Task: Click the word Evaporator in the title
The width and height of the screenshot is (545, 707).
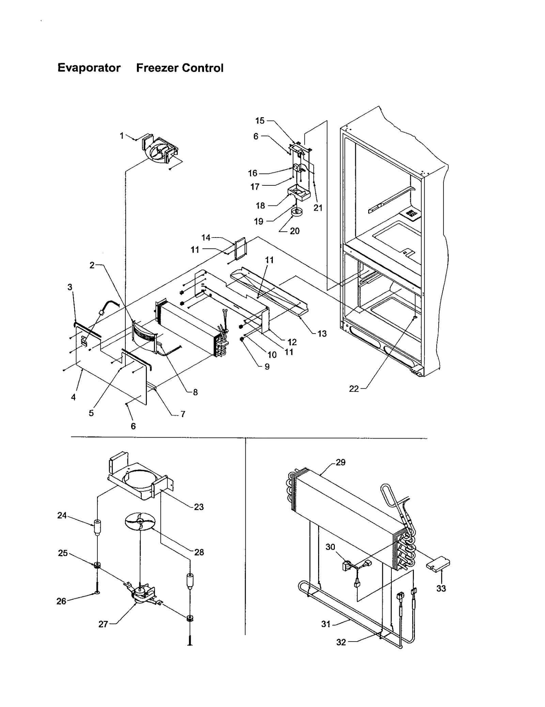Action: [x=89, y=68]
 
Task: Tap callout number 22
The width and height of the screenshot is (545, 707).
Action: [x=354, y=389]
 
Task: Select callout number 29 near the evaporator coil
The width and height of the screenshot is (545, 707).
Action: [x=340, y=462]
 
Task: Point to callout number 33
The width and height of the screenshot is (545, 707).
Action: [x=441, y=588]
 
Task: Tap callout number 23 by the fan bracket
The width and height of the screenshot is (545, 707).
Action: [x=199, y=507]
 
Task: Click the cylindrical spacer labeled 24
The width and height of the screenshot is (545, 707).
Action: [x=97, y=528]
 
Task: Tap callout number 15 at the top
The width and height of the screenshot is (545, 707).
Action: [x=260, y=121]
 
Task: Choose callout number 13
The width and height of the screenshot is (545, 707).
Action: [x=322, y=334]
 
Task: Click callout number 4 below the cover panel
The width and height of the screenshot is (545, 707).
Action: [x=73, y=397]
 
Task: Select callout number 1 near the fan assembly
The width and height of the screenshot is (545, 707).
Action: [x=122, y=136]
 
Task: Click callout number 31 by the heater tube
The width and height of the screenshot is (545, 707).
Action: [x=326, y=624]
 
